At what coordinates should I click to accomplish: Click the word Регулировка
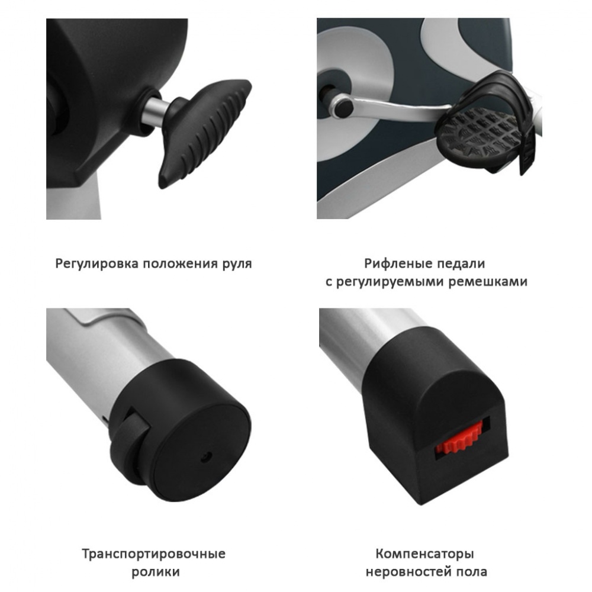[96, 263]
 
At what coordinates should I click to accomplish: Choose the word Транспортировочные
[154, 554]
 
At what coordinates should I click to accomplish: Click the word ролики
[156, 572]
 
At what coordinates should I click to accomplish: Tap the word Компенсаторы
[425, 554]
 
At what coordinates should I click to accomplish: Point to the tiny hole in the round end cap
[206, 456]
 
